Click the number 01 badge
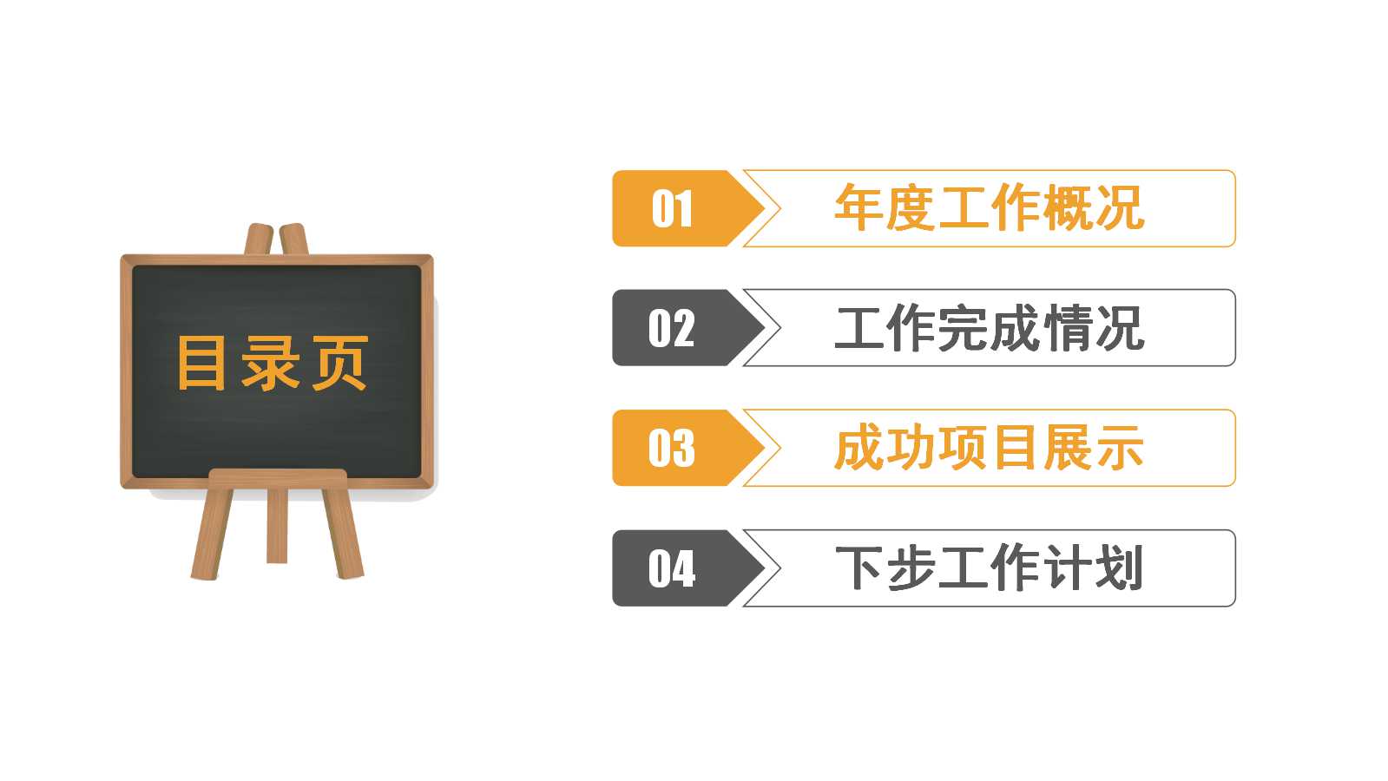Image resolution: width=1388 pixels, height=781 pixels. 672,209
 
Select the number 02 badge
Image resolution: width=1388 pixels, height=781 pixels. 672,328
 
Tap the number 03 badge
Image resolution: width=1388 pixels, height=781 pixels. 672,448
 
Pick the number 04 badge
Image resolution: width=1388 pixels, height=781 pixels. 672,568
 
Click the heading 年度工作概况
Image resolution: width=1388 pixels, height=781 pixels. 989,209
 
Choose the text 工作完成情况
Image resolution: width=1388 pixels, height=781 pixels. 989,329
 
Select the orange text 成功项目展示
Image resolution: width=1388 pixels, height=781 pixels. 989,449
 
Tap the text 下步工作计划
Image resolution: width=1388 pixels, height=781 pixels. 989,568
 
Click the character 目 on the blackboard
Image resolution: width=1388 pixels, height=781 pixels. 201,363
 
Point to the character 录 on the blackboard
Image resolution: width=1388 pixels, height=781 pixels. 271,363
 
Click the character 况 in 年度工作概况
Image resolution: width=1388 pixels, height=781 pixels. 1120,209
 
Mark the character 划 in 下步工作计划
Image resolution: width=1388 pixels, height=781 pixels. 1120,568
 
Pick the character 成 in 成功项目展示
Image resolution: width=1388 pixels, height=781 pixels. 859,449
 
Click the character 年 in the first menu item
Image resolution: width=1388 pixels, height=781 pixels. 859,209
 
